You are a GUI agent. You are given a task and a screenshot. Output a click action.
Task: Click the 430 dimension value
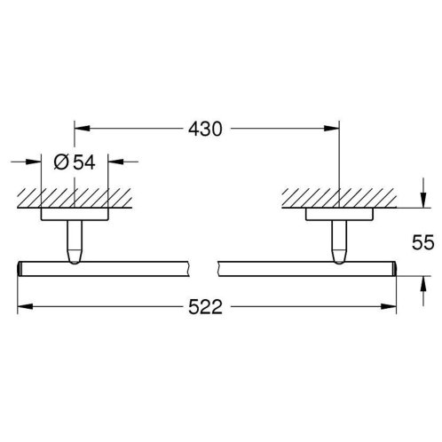(x=205, y=129)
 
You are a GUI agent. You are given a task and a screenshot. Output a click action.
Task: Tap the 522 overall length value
(x=205, y=307)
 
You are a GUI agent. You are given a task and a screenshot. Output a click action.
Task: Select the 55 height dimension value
(x=423, y=242)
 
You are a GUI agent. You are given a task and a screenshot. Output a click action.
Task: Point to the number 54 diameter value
(x=84, y=162)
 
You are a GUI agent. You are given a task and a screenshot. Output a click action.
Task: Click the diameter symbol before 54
(x=61, y=162)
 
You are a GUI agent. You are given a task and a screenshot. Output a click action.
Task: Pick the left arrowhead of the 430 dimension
(x=82, y=129)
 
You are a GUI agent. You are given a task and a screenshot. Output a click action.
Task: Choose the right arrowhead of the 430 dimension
(x=331, y=129)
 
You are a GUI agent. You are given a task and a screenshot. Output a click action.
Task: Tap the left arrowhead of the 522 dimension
(x=25, y=306)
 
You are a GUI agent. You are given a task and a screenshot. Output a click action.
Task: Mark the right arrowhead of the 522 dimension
(x=389, y=306)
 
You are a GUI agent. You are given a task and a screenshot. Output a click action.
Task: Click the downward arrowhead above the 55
(x=423, y=200)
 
